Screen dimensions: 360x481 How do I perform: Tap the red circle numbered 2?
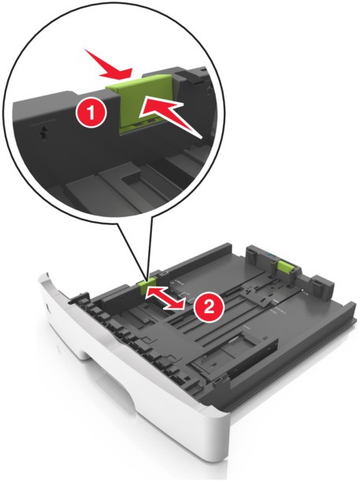(x=209, y=307)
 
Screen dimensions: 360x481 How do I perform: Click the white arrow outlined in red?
(x=169, y=117)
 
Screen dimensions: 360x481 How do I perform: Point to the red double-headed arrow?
(x=165, y=298)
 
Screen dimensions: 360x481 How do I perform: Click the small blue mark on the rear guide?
(x=269, y=254)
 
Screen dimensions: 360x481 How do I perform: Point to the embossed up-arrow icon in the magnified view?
(x=43, y=132)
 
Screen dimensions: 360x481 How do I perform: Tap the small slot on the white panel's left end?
(x=47, y=307)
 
